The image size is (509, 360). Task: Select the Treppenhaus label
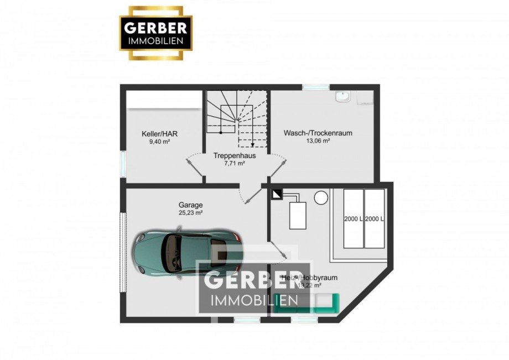[234, 156]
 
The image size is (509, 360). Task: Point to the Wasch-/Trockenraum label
[318, 133]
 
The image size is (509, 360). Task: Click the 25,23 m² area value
[190, 212]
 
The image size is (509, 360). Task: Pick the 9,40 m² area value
[159, 142]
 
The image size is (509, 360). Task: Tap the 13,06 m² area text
[318, 141]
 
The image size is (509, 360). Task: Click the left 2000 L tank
[353, 218]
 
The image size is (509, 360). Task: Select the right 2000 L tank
[374, 218]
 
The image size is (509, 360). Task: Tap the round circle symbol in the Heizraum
[320, 197]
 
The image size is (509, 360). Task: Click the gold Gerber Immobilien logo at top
[157, 33]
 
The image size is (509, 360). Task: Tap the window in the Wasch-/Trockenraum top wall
[315, 87]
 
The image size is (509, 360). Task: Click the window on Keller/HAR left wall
[123, 164]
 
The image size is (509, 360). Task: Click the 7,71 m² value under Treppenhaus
[234, 164]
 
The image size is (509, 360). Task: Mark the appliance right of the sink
[365, 98]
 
